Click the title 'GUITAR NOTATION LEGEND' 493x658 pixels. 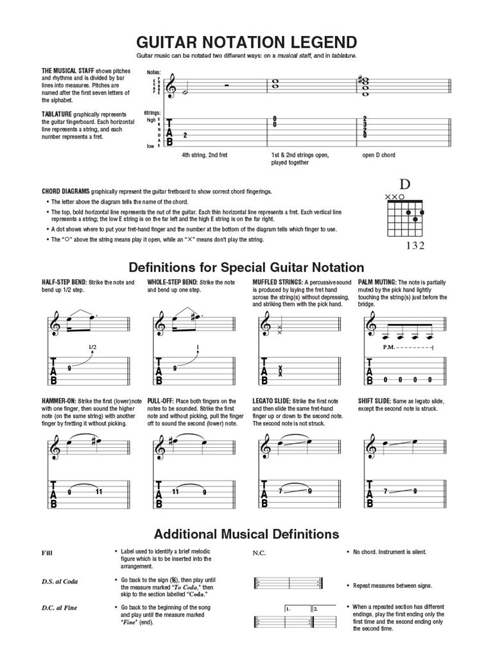click(246, 42)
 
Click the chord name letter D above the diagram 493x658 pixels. click(405, 184)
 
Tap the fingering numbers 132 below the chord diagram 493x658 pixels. click(415, 245)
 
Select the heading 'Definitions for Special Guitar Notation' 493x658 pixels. click(246, 267)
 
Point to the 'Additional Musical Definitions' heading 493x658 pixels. click(246, 534)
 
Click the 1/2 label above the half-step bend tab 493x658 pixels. click(92, 348)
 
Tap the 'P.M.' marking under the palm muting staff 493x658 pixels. click(388, 348)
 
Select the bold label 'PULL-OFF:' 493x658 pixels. click(160, 402)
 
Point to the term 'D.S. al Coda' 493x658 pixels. click(60, 582)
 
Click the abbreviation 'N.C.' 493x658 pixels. click(259, 553)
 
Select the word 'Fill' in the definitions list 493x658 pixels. click(47, 553)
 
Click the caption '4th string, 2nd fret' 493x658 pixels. click(204, 156)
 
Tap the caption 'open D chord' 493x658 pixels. click(379, 156)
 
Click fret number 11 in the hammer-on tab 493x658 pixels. click(99, 492)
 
